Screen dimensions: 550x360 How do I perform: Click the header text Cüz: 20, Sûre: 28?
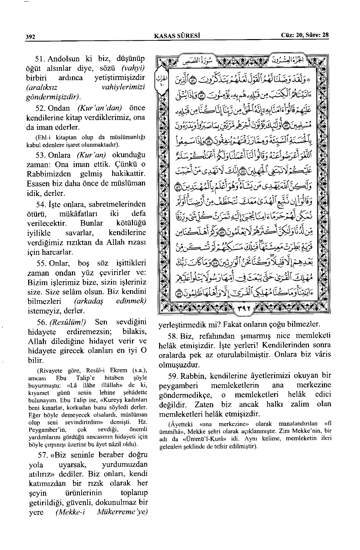tap(305, 35)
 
